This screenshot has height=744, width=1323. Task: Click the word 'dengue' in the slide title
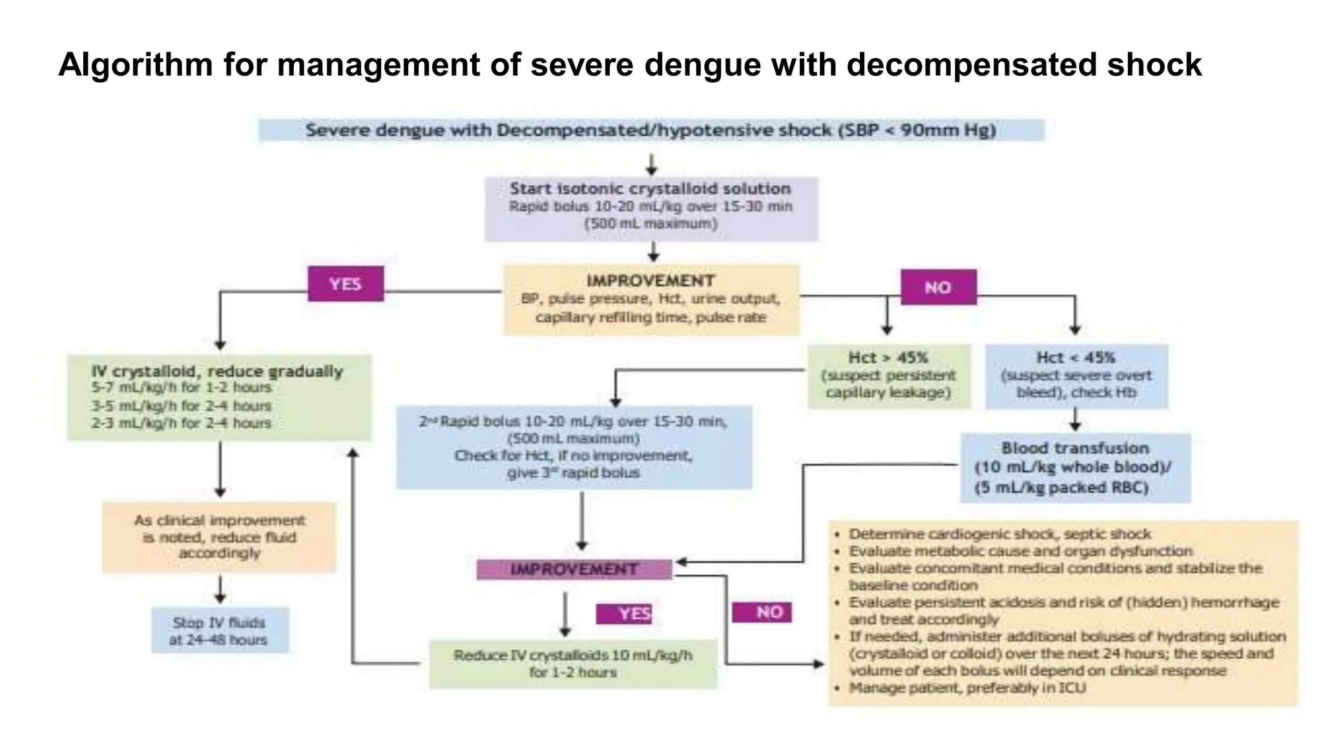coord(703,65)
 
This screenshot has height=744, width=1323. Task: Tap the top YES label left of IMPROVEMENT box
coord(346,284)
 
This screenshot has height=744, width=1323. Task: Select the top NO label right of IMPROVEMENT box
coord(938,287)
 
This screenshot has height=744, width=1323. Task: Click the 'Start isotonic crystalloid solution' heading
coord(650,189)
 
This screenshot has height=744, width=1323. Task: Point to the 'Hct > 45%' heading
coord(888,358)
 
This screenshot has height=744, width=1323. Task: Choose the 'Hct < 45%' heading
coord(1076,358)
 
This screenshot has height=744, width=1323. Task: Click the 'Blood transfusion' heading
coord(1075,448)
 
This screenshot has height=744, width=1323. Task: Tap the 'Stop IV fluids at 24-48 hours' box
coord(220,631)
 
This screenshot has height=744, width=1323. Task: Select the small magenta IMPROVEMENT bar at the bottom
coord(574,570)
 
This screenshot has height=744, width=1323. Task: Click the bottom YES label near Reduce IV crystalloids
coord(624,614)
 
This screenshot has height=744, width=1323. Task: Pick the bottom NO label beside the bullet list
coord(762,612)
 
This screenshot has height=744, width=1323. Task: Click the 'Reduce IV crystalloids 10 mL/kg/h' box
coord(573,664)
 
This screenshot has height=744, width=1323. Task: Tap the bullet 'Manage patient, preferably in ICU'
coord(967,688)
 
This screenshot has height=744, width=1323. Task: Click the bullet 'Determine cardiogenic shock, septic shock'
coord(999,534)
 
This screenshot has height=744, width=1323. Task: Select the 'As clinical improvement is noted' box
coord(220,537)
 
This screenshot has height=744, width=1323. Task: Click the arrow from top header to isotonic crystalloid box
coord(652,164)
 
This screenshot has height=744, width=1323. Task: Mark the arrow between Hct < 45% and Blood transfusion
coord(1075,420)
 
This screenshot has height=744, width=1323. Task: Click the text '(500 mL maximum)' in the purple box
coord(651,224)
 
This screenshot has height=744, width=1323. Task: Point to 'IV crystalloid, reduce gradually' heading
coord(217,371)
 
